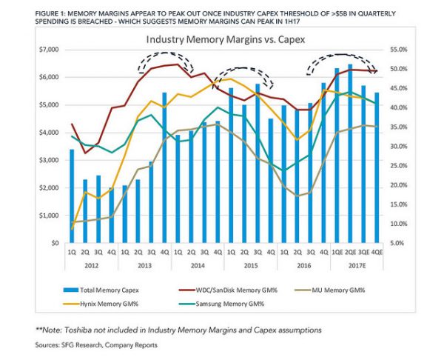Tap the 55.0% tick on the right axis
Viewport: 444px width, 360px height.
[x=397, y=50]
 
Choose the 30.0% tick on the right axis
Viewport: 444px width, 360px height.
[x=397, y=146]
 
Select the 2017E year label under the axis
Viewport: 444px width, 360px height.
[x=357, y=263]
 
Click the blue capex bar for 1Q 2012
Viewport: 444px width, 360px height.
[x=71, y=196]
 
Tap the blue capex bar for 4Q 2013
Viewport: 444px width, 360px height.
[x=164, y=168]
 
